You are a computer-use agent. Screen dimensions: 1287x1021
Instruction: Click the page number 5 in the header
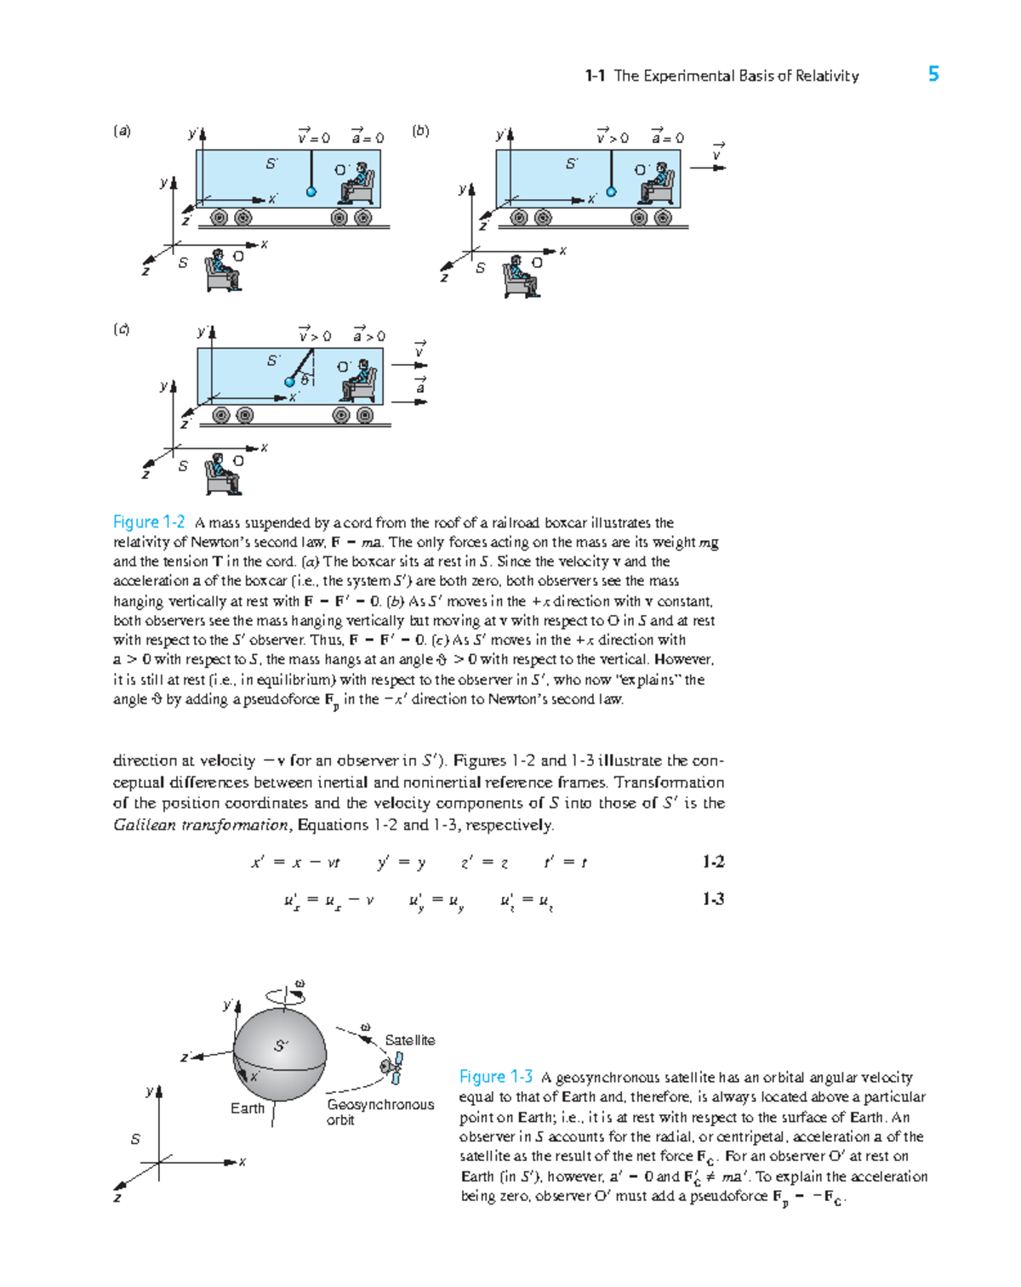[x=933, y=74]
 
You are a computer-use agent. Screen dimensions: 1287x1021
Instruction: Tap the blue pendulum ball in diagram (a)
[x=311, y=192]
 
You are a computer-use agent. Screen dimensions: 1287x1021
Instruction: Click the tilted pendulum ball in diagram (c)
[x=290, y=382]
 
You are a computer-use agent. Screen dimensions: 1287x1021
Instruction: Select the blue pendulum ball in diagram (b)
[x=611, y=192]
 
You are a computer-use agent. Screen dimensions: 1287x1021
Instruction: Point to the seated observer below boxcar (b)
[x=520, y=276]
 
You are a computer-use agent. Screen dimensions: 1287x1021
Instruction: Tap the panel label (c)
[x=122, y=329]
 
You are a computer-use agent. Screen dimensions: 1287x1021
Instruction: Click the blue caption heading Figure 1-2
[x=149, y=522]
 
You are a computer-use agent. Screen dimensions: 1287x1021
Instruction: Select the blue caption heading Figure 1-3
[x=495, y=1077]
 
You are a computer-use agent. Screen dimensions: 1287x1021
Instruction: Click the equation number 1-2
[x=713, y=862]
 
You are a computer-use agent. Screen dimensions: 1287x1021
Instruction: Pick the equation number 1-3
[x=713, y=899]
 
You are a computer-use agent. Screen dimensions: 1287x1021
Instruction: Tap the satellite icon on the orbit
[x=392, y=1068]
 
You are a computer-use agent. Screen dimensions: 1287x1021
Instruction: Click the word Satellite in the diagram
[x=409, y=1040]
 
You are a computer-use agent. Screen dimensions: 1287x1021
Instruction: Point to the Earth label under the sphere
[x=248, y=1108]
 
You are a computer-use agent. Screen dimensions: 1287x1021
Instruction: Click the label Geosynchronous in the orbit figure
[x=380, y=1104]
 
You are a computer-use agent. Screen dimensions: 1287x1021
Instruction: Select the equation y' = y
[x=401, y=863]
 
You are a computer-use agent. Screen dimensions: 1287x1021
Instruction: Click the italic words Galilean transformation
[x=201, y=824]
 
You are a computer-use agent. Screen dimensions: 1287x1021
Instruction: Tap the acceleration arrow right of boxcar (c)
[x=408, y=401]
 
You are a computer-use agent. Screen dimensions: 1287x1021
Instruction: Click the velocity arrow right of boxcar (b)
[x=707, y=168]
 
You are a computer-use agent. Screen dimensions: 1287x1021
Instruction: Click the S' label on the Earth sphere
[x=281, y=1045]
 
